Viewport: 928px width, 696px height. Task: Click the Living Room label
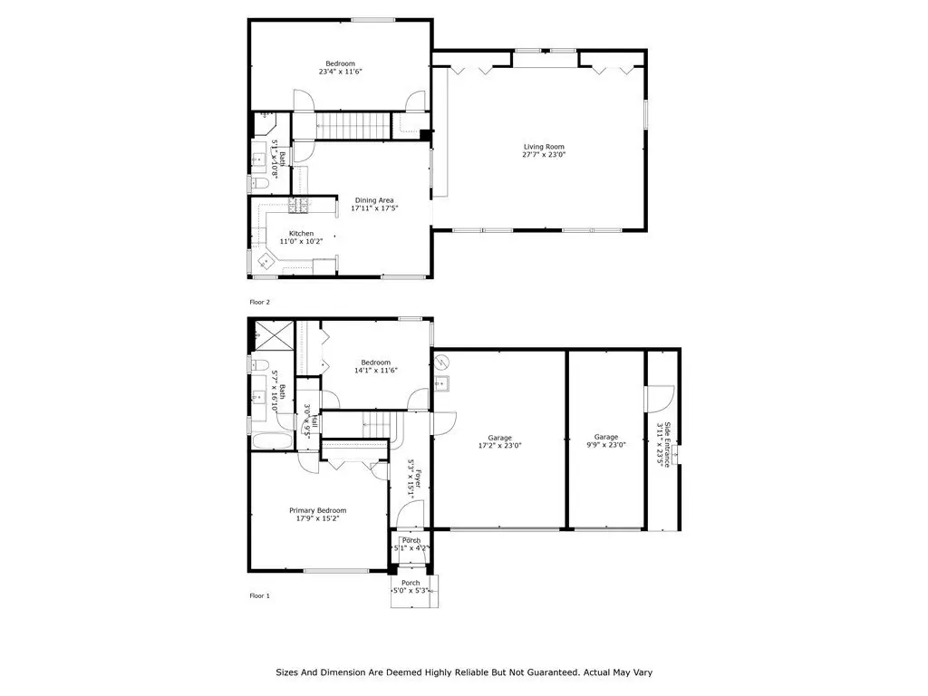tap(544, 146)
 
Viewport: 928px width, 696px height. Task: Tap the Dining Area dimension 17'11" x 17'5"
tap(374, 208)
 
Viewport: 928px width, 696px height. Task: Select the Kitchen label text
tap(301, 233)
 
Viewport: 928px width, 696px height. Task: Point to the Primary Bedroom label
tap(318, 510)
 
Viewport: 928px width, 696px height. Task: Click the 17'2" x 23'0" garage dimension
tap(499, 446)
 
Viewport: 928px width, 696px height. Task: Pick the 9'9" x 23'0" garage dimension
tap(606, 445)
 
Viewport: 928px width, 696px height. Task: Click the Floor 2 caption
tap(259, 302)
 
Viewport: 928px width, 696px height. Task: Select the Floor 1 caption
tap(259, 595)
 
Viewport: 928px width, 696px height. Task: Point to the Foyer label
tap(419, 478)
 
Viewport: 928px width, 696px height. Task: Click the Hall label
tap(315, 420)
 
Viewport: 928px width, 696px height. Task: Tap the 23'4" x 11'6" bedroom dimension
tap(341, 72)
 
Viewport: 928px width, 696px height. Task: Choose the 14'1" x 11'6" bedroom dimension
tap(376, 371)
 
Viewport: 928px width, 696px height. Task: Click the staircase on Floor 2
tap(353, 125)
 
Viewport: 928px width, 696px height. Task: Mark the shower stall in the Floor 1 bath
tap(274, 335)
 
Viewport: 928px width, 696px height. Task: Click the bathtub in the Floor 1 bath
tap(272, 441)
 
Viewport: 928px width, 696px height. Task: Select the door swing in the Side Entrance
tap(660, 399)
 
